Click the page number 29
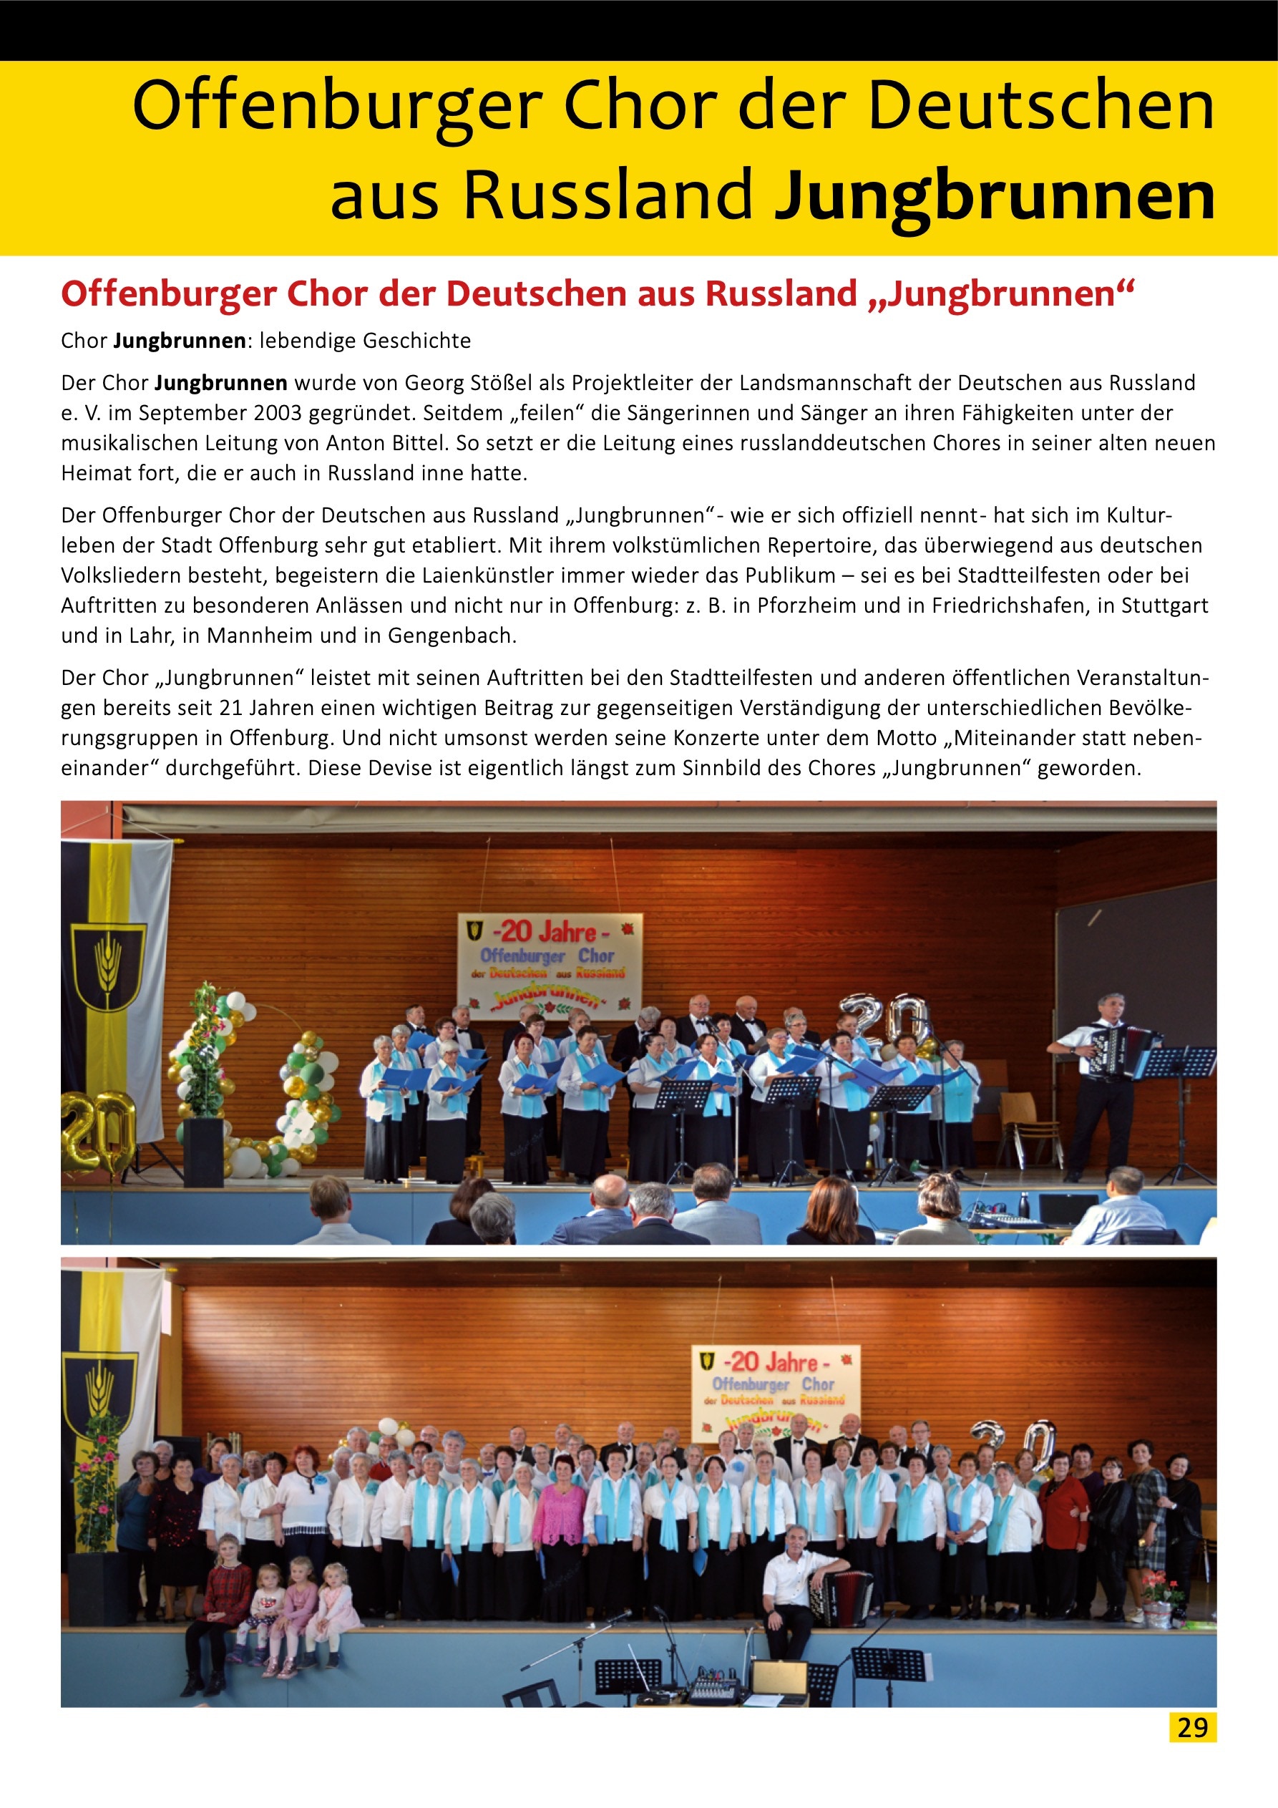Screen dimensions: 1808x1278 [x=1192, y=1727]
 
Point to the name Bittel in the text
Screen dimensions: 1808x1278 [x=418, y=443]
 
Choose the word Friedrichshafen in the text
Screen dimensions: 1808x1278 [x=1020, y=606]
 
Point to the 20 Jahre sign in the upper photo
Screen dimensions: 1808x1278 [x=550, y=966]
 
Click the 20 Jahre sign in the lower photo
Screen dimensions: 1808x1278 [x=776, y=1393]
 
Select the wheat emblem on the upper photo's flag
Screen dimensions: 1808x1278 [x=108, y=965]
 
